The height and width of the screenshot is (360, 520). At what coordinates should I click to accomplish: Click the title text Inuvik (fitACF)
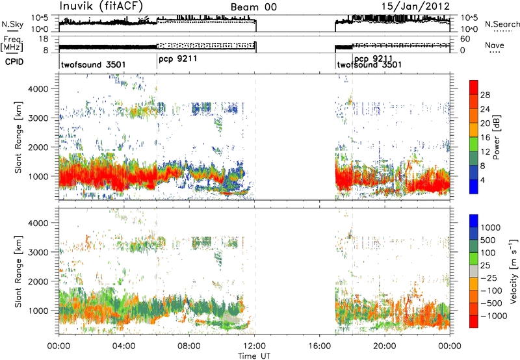[x=101, y=6]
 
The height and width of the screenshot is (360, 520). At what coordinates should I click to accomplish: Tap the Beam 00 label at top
[x=253, y=7]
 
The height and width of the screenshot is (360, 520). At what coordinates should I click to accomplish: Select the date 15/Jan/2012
[x=415, y=6]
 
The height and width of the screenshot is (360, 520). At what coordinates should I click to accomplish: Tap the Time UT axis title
[x=254, y=356]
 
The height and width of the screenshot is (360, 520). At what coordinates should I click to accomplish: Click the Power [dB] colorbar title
[x=496, y=137]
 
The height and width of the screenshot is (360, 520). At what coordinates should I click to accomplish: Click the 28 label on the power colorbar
[x=485, y=95]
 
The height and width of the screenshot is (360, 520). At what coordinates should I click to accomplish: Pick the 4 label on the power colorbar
[x=482, y=181]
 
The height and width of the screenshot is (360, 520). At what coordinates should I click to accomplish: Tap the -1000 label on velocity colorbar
[x=494, y=316]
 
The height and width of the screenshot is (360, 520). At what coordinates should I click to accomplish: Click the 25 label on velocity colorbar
[x=486, y=266]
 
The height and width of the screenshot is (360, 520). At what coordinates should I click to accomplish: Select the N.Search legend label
[x=502, y=24]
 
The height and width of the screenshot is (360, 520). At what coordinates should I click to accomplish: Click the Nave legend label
[x=495, y=45]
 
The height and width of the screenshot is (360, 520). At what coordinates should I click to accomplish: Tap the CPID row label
[x=14, y=61]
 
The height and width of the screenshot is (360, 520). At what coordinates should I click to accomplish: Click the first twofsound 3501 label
[x=93, y=64]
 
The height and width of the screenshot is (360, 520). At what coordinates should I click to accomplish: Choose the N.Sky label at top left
[x=12, y=25]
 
